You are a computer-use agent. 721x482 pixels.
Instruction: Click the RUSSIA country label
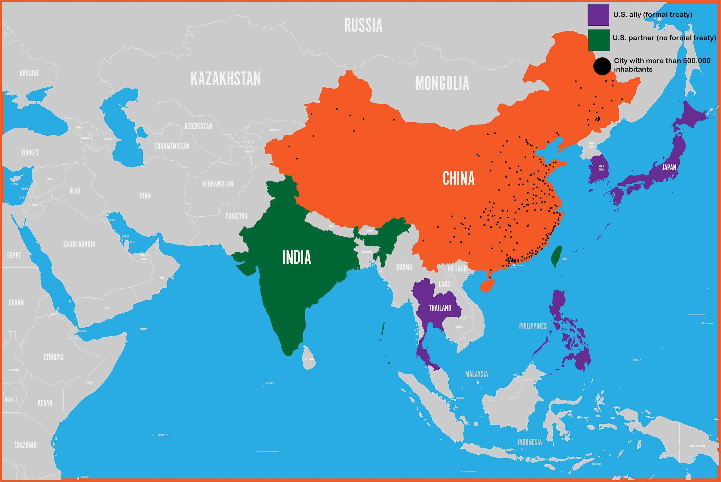[363, 25]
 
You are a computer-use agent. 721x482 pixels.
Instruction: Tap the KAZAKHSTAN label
[226, 79]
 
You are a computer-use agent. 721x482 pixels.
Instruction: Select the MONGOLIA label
[442, 83]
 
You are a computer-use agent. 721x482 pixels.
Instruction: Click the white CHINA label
[459, 178]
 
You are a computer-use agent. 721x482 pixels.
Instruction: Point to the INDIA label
[297, 257]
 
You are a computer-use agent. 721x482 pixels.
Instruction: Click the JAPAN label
[669, 168]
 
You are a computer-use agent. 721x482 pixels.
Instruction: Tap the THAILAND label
[440, 308]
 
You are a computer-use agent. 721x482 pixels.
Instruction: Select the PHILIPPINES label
[533, 326]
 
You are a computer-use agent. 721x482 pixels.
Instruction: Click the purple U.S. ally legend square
[598, 15]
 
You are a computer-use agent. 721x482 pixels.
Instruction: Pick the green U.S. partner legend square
[599, 40]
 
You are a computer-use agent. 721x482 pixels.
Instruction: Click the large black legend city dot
[602, 66]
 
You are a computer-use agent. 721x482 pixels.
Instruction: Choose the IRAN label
[145, 196]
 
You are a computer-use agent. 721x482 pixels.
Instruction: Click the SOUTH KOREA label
[601, 168]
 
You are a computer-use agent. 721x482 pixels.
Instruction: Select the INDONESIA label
[529, 442]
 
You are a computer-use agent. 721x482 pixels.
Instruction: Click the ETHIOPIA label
[54, 357]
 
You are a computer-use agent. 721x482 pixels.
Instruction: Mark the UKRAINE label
[30, 73]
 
